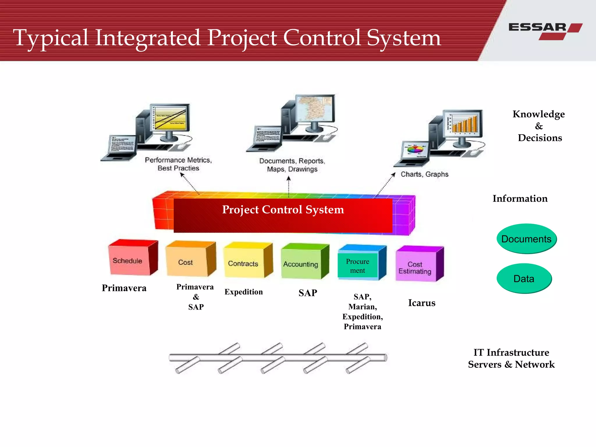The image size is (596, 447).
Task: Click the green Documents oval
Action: click(526, 239)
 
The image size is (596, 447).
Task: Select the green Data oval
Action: click(524, 279)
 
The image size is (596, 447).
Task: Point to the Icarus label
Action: click(421, 303)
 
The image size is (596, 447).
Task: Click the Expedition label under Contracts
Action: click(244, 292)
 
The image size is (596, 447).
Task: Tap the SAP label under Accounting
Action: click(308, 293)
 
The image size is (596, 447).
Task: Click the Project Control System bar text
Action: click(283, 210)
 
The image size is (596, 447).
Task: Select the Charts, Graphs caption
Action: click(424, 174)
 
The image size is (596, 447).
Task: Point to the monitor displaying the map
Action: click(315, 109)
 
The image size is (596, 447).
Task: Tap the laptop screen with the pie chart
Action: click(415, 150)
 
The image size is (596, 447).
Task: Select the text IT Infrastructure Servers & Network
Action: click(511, 359)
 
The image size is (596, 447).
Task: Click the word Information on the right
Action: click(520, 198)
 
